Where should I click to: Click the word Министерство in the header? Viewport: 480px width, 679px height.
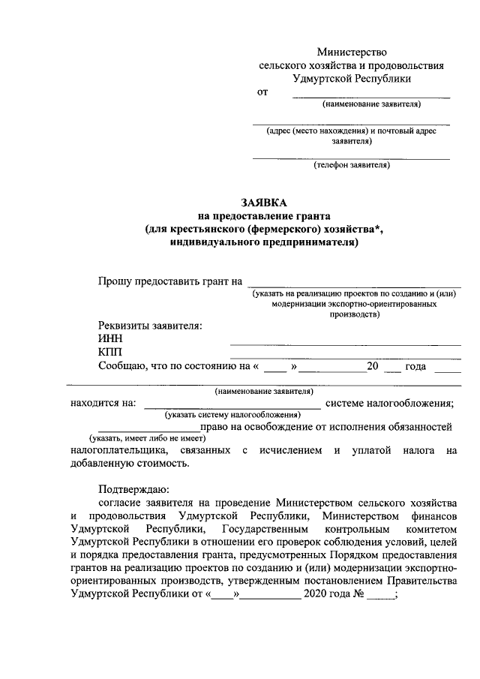pyautogui.click(x=351, y=53)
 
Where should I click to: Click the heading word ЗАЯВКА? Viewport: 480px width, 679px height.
pyautogui.click(x=263, y=203)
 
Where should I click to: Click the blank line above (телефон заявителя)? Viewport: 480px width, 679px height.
pyautogui.click(x=351, y=158)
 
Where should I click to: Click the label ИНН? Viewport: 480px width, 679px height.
pyautogui.click(x=109, y=339)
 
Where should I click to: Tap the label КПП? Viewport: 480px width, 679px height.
pyautogui.click(x=111, y=353)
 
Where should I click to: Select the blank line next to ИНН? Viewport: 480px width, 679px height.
pyautogui.click(x=345, y=344)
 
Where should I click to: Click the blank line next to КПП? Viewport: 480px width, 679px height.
pyautogui.click(x=345, y=357)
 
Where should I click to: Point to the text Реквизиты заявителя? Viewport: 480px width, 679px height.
pyautogui.click(x=150, y=325)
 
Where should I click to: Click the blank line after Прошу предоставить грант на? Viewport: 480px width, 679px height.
pyautogui.click(x=356, y=286)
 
